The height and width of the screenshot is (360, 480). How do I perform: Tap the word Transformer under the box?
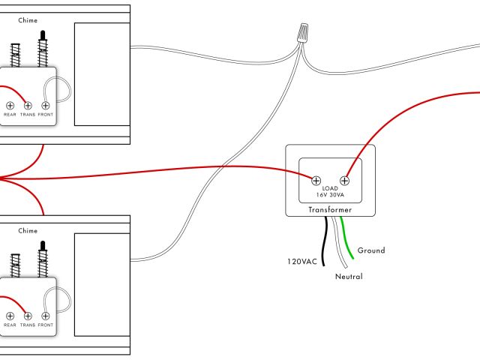pos(330,211)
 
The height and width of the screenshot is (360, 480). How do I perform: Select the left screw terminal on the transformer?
pos(316,180)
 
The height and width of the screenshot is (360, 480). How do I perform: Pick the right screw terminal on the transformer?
pos(345,180)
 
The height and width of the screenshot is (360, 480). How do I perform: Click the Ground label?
pos(371,250)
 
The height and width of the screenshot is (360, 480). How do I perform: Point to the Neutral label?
pos(349,277)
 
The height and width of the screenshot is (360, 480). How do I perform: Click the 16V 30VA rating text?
pos(330,195)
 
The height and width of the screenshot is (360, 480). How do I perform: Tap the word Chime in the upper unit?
pos(28,21)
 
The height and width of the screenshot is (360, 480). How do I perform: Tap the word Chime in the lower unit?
pos(28,232)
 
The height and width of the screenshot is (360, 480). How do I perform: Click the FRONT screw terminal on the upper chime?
pos(46,106)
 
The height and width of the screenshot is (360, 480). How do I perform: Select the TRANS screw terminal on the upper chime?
pos(28,106)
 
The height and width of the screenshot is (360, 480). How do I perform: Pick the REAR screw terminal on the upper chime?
pos(10,106)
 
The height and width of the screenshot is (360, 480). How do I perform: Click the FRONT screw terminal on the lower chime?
pos(46,316)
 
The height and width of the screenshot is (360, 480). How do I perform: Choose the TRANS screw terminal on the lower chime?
pos(28,316)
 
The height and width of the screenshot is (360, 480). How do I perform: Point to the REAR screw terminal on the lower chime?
pos(10,316)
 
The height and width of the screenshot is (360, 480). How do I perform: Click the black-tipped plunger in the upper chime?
pos(43,36)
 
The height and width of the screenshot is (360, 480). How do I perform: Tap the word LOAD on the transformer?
pos(330,187)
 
